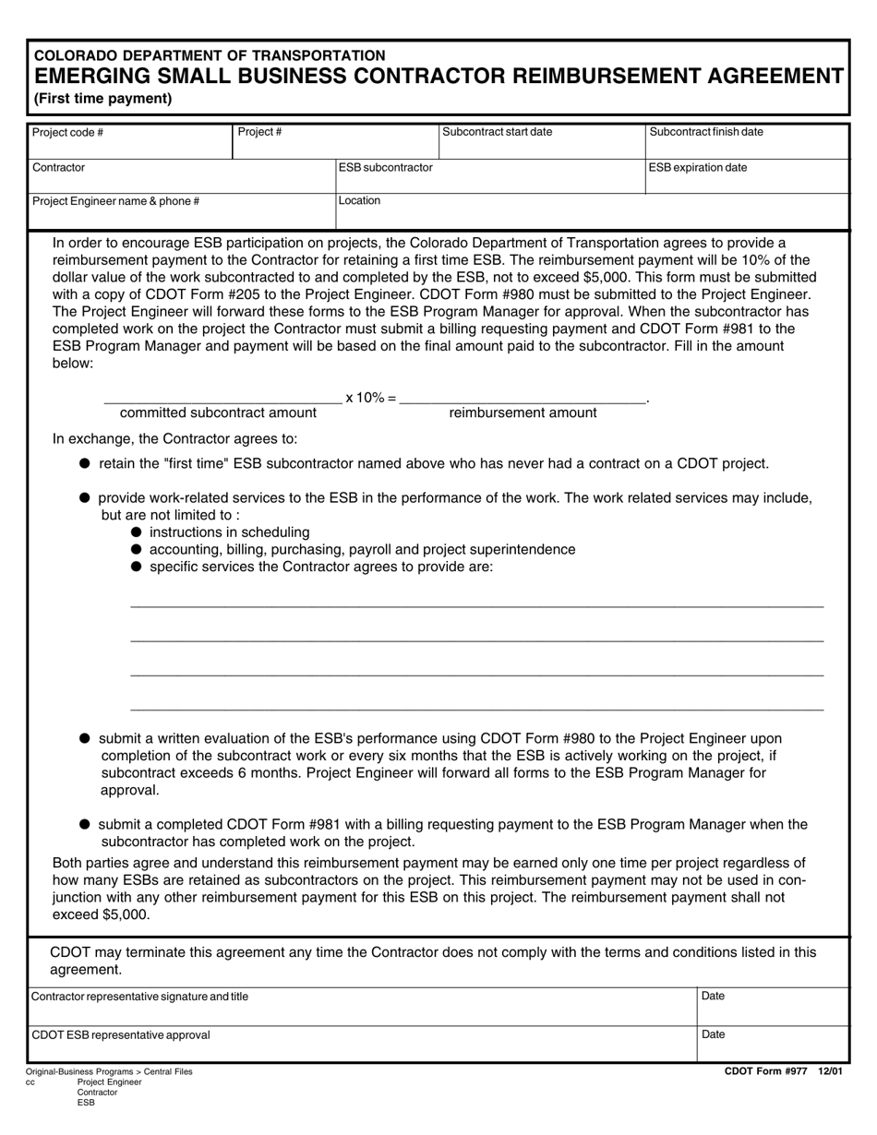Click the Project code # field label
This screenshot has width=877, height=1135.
click(x=67, y=132)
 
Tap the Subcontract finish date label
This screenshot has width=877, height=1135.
click(x=706, y=132)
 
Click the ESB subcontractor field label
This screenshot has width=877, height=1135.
click(x=385, y=168)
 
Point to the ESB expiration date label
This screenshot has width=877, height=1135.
click(x=698, y=168)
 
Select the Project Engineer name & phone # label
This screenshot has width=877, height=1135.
click(x=115, y=201)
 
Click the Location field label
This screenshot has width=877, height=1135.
click(x=359, y=200)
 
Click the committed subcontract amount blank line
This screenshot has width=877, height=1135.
click(x=222, y=401)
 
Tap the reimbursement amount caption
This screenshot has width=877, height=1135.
click(x=523, y=413)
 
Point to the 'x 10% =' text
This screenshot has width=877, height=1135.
click(x=371, y=398)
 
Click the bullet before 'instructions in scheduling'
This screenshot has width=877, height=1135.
click(x=137, y=532)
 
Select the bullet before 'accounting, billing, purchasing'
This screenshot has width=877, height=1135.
click(x=137, y=550)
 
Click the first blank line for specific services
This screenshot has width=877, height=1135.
click(x=476, y=606)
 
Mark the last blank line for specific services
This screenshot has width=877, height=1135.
click(x=476, y=710)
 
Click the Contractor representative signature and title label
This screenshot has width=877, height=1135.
click(x=139, y=997)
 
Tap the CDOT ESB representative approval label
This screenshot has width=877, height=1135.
click(x=121, y=1035)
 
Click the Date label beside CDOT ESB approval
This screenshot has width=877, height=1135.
click(x=714, y=1035)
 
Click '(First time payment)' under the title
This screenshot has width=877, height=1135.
click(x=102, y=99)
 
